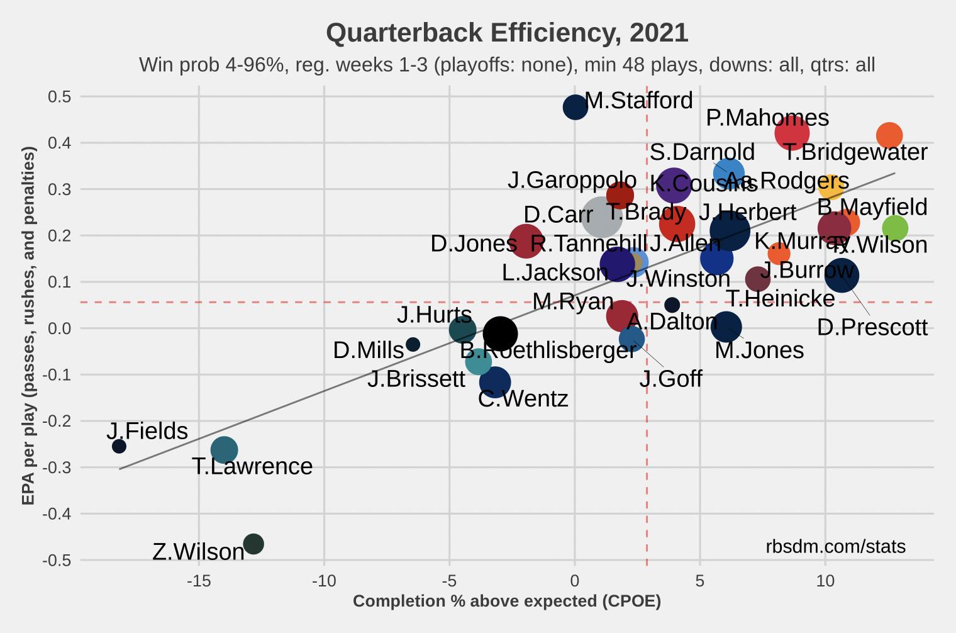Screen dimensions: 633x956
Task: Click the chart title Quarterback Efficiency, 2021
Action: click(507, 33)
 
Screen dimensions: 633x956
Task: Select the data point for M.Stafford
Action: click(575, 107)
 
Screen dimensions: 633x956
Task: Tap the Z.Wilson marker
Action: click(253, 544)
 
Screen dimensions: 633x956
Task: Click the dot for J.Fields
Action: click(119, 446)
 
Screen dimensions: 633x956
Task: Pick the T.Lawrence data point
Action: click(224, 449)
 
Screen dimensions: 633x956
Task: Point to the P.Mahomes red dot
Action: click(791, 133)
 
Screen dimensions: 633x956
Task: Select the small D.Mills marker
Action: click(413, 344)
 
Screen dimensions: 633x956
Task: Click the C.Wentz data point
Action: click(494, 382)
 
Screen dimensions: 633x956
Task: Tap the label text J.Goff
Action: click(670, 379)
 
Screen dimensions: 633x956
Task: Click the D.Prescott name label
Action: click(872, 327)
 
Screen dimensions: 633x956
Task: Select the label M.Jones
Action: click(759, 350)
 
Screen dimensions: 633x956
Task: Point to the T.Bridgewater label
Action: click(855, 152)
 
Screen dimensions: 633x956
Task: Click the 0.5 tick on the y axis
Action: click(58, 97)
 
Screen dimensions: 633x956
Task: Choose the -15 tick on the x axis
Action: click(199, 580)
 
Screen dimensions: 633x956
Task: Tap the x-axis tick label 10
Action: click(825, 580)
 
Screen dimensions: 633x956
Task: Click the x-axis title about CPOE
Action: click(507, 602)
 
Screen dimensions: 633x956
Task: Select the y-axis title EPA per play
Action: click(28, 326)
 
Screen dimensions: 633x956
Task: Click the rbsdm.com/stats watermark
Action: click(835, 546)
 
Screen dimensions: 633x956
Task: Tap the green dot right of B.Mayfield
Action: click(894, 228)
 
